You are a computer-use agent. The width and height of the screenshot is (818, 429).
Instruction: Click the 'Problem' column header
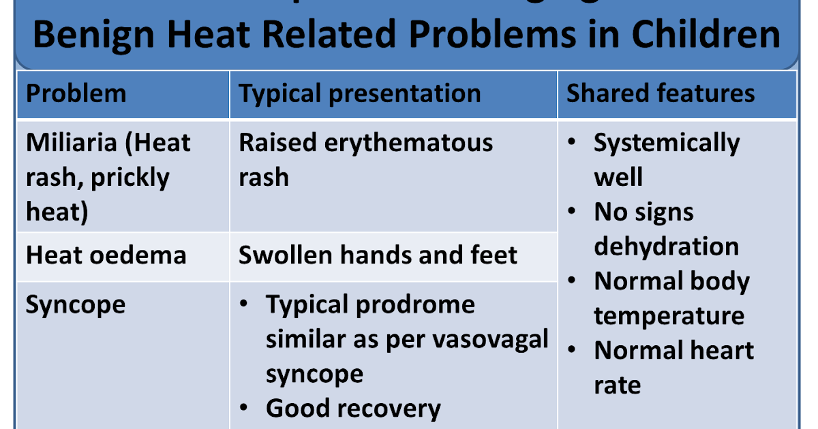(76, 93)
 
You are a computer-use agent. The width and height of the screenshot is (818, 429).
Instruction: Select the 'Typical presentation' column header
(359, 93)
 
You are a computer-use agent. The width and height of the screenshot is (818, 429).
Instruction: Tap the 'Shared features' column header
(661, 93)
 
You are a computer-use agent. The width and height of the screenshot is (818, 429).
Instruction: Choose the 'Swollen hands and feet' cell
(378, 255)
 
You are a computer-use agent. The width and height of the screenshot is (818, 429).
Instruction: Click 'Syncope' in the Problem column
(75, 304)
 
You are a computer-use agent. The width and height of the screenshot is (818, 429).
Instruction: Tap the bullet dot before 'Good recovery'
(245, 409)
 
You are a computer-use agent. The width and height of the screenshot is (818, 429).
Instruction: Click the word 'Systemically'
(666, 143)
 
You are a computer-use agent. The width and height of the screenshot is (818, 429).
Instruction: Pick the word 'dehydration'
(666, 247)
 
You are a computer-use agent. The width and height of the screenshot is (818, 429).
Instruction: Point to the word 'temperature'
(669, 316)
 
